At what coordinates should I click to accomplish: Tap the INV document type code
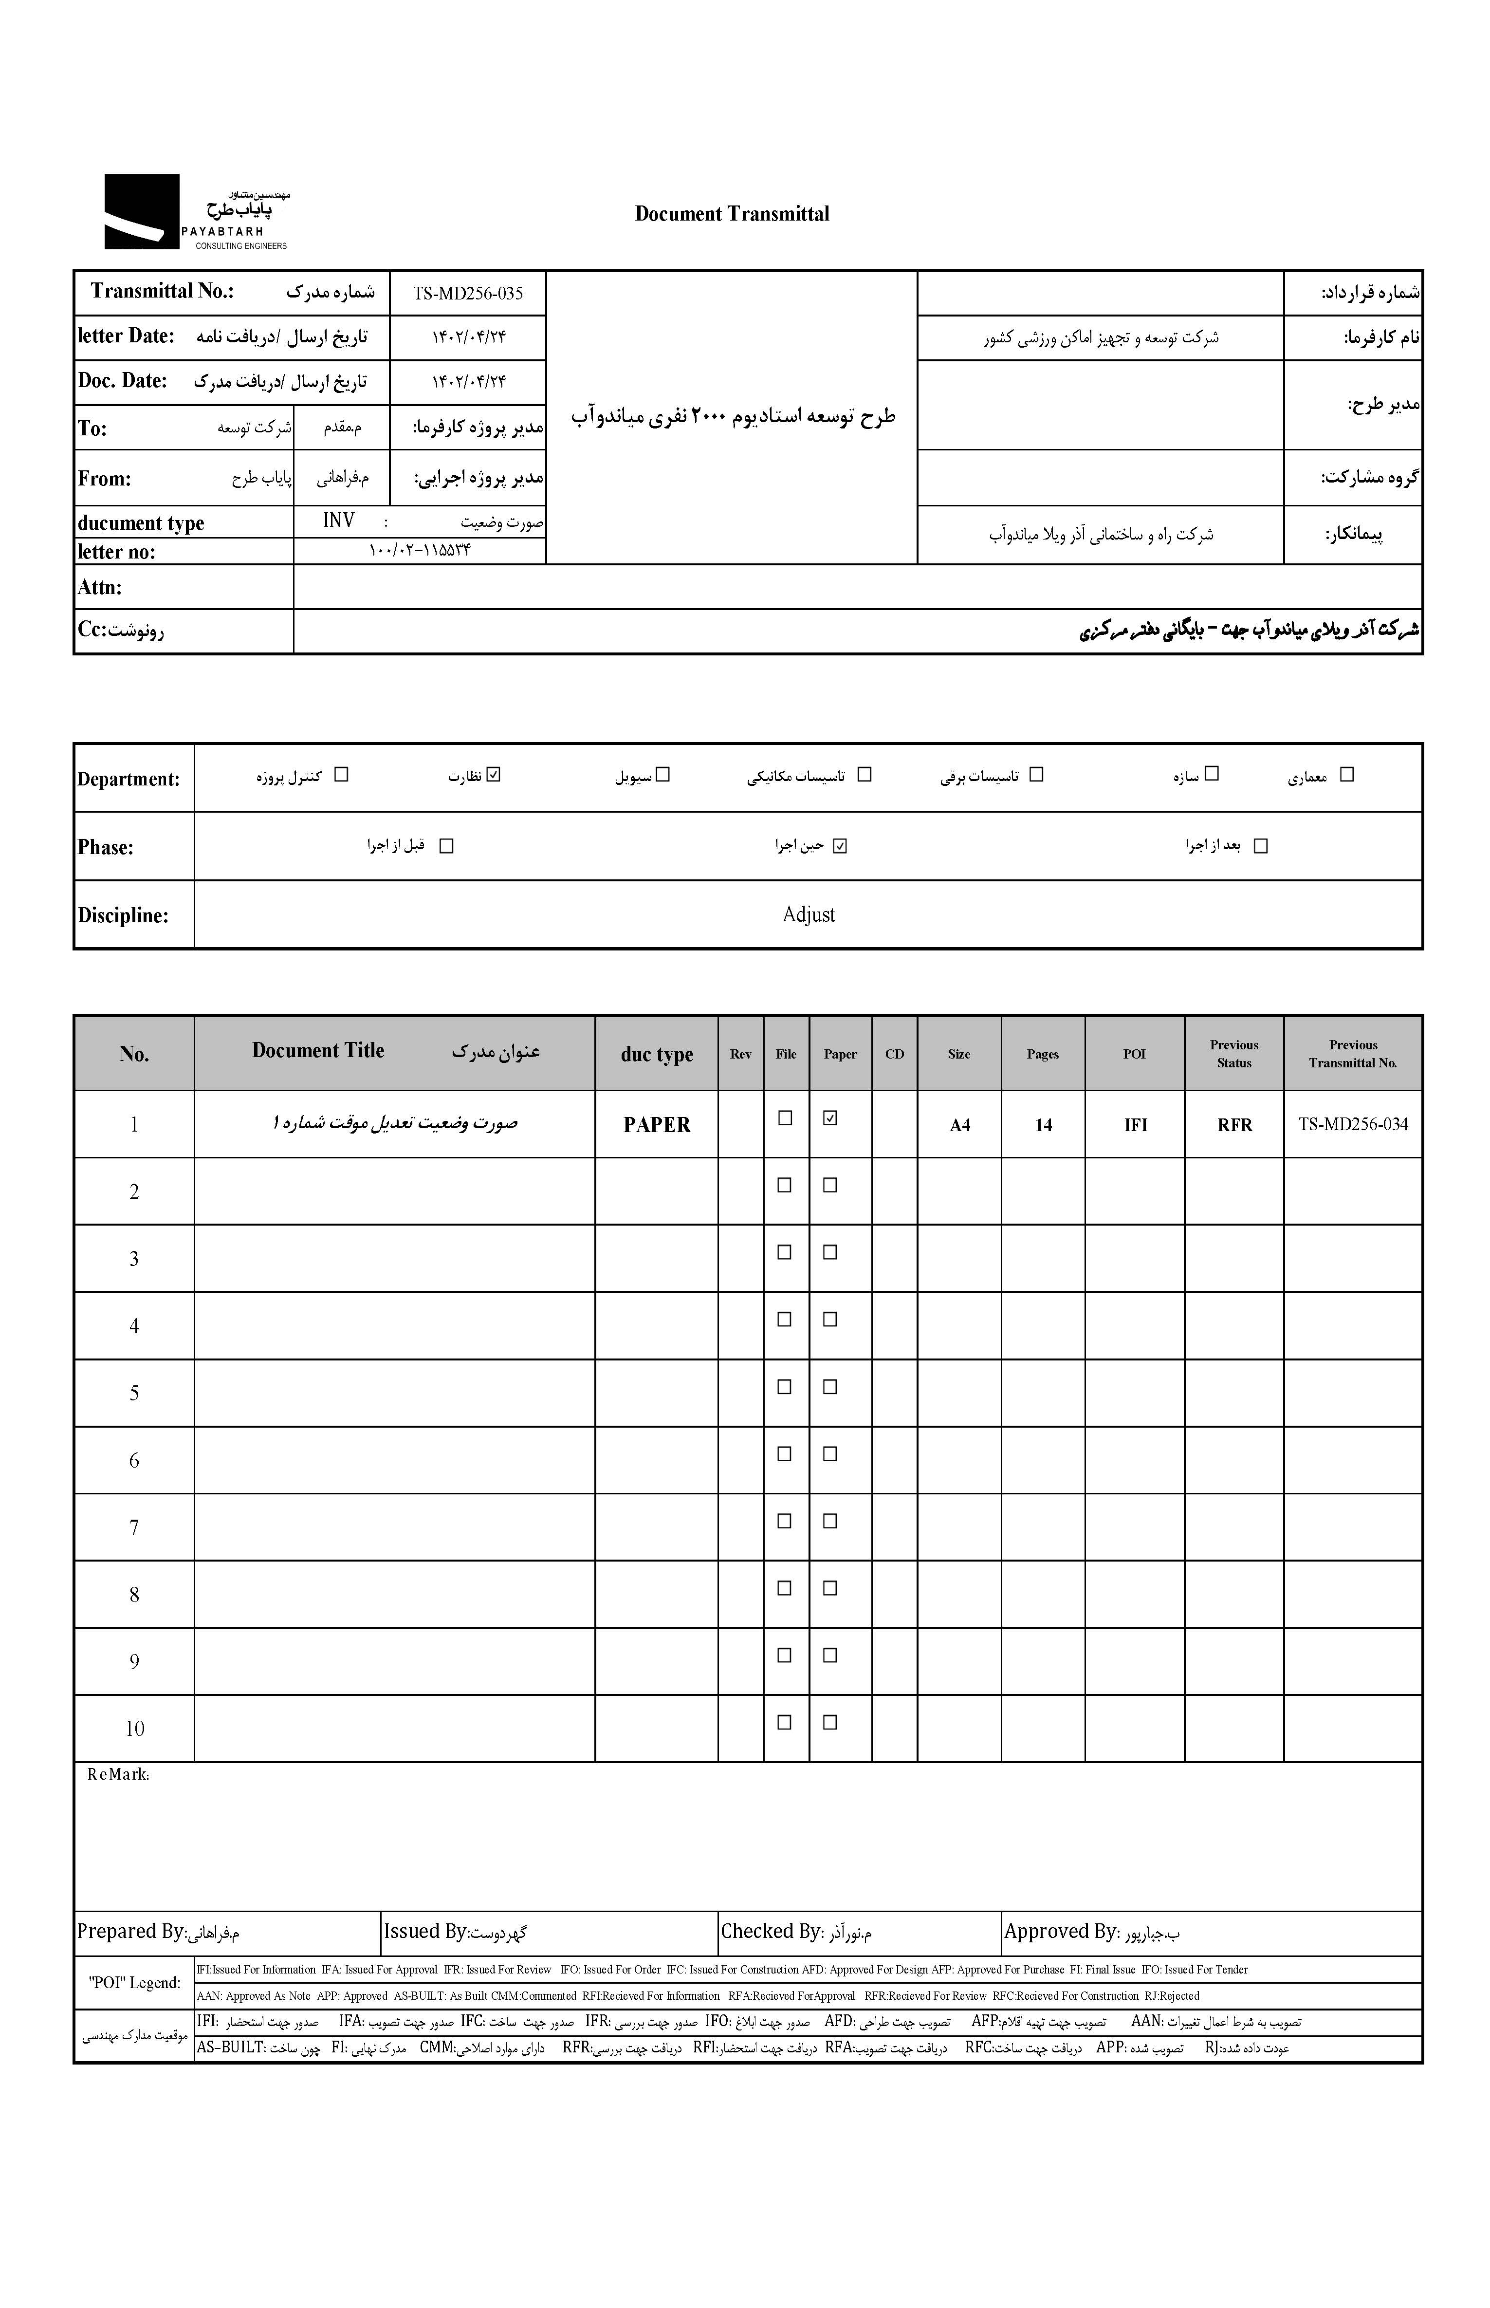pyautogui.click(x=339, y=521)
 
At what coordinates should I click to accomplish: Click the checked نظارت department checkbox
pyautogui.click(x=495, y=774)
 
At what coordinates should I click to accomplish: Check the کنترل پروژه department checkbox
pyautogui.click(x=341, y=774)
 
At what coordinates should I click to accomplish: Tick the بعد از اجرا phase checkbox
pyautogui.click(x=1260, y=846)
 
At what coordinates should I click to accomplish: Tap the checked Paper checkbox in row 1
pyautogui.click(x=829, y=1117)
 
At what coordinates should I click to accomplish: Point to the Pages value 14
pyautogui.click(x=1043, y=1124)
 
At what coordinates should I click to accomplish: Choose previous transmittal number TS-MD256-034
pyautogui.click(x=1353, y=1123)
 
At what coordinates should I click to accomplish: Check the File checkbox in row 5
pyautogui.click(x=785, y=1386)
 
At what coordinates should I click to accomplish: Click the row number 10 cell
pyautogui.click(x=134, y=1729)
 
